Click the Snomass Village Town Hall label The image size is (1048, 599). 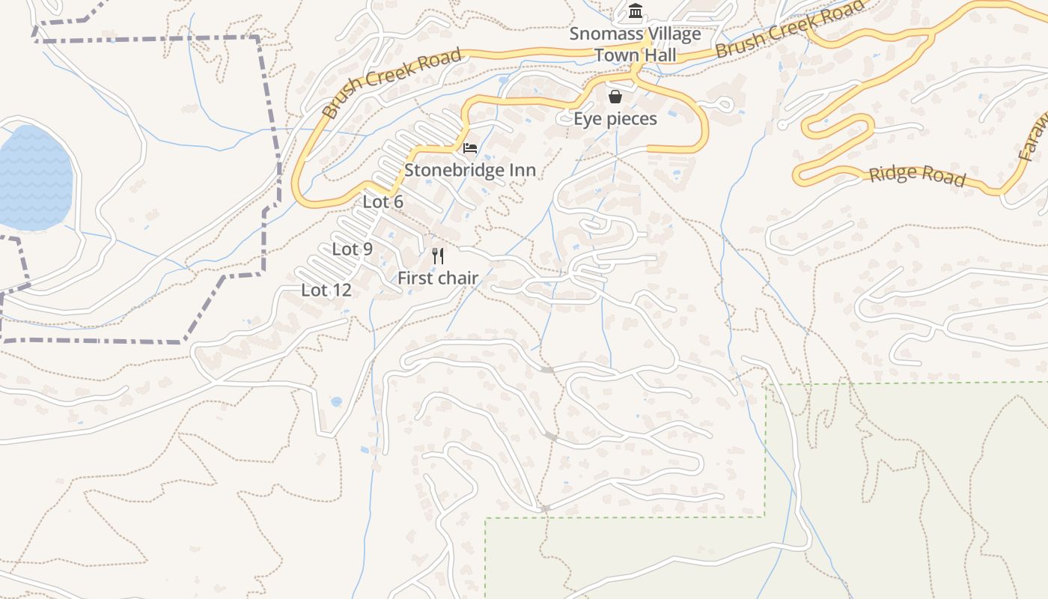pos(635,44)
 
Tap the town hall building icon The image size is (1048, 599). pos(636,11)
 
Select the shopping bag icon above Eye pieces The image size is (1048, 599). pos(615,97)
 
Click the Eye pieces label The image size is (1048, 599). pos(615,119)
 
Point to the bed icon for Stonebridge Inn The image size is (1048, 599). pos(470,148)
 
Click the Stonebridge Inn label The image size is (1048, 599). pos(470,171)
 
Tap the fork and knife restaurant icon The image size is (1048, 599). pos(438,256)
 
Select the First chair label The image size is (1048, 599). pos(437,279)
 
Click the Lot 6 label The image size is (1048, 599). pos(383,202)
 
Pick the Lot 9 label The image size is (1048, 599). pos(352,249)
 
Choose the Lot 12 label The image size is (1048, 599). pos(326,291)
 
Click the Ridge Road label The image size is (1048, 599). pos(917,175)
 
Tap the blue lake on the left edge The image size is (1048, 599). pos(34,178)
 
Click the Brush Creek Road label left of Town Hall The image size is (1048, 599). pos(392,83)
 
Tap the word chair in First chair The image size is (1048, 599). pos(458,279)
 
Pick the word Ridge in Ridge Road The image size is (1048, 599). pos(893,173)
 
